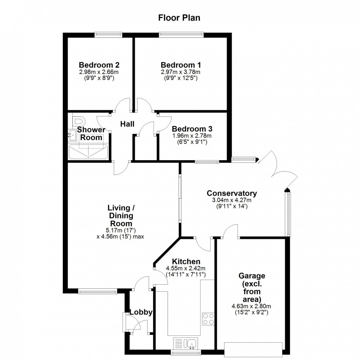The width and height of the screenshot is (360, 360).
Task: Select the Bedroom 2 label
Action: pos(99,65)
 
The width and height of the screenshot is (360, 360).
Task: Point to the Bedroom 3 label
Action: pos(192,129)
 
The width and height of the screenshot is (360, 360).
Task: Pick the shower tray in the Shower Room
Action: pos(88,152)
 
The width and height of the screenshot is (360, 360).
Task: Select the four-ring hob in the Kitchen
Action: pos(208,318)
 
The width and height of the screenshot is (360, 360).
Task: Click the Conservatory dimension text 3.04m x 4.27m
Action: pos(231,200)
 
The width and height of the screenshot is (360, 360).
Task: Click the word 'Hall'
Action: pos(127,124)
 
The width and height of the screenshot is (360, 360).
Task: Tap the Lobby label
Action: pos(141,313)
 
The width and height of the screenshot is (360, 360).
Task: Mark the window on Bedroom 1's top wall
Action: pos(181,35)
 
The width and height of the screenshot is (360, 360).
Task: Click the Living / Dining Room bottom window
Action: pos(97,292)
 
